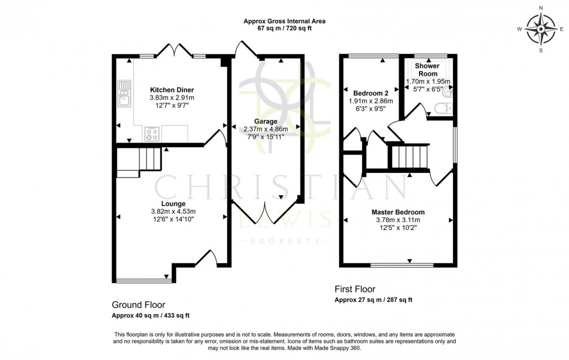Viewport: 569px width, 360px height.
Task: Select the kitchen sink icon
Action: tap(124, 93)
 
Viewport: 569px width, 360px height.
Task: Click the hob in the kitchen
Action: tap(152, 134)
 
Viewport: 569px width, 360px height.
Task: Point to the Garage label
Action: tap(266, 121)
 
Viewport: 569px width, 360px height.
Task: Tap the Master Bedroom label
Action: tap(398, 212)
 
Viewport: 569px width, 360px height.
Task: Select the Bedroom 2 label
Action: tap(371, 93)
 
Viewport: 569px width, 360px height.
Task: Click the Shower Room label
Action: tap(428, 70)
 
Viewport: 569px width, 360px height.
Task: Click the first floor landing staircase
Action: tap(410, 157)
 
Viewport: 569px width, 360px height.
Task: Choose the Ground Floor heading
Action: tap(138, 305)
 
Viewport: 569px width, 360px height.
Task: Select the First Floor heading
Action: tap(355, 289)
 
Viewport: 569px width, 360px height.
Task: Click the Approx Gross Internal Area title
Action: tap(284, 21)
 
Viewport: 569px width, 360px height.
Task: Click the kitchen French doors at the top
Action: tap(175, 51)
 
